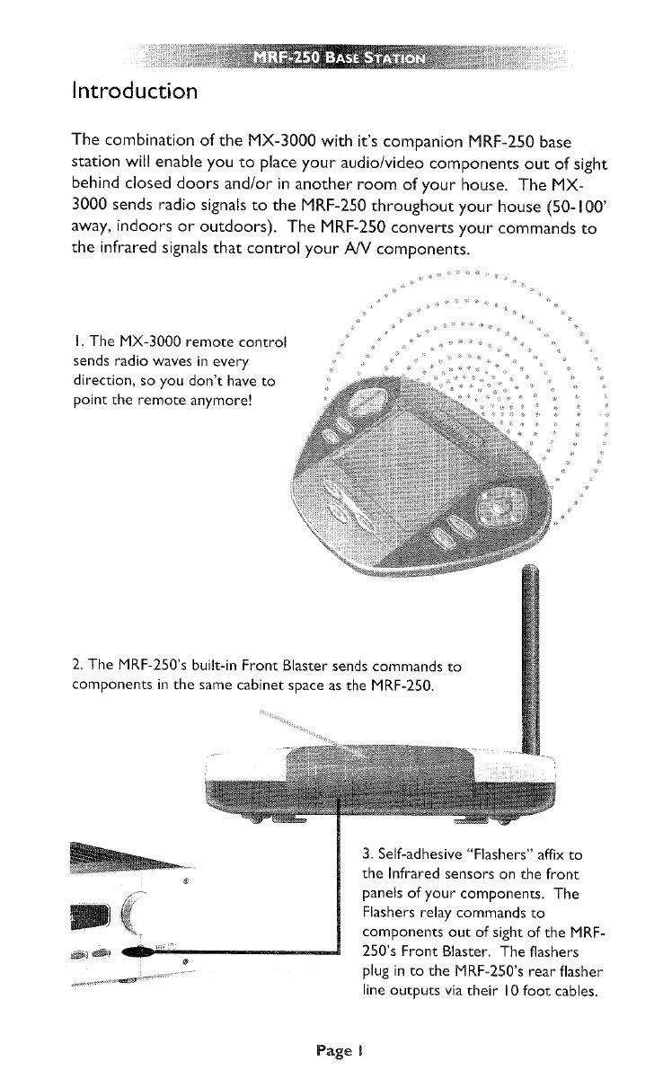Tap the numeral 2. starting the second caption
[76, 668]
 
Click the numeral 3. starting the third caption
[368, 854]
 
